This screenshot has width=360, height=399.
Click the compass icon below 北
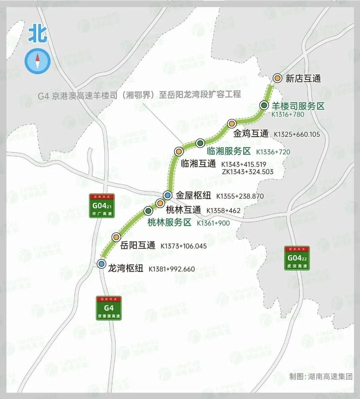click(38, 61)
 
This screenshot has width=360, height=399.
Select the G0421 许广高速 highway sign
click(102, 206)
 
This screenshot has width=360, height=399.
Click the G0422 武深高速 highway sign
click(297, 258)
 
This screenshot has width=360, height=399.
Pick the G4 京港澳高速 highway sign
click(109, 308)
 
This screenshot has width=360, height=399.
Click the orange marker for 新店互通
click(277, 78)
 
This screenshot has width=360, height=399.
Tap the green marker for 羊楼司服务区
click(264, 105)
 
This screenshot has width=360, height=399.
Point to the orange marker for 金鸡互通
click(232, 123)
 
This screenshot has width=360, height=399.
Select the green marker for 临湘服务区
click(200, 143)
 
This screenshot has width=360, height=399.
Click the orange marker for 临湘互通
click(179, 151)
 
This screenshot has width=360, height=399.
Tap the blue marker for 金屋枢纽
click(168, 195)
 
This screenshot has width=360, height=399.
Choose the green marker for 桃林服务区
click(148, 211)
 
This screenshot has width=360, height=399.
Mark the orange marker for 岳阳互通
click(116, 237)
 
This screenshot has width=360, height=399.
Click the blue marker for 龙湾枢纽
click(101, 264)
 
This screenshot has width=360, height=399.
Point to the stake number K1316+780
click(288, 114)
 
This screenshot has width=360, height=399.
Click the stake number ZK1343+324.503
click(247, 172)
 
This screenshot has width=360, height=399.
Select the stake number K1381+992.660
click(172, 269)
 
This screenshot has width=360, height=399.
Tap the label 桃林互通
click(183, 210)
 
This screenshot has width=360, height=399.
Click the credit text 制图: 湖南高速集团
click(321, 377)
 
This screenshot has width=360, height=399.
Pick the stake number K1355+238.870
click(240, 196)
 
